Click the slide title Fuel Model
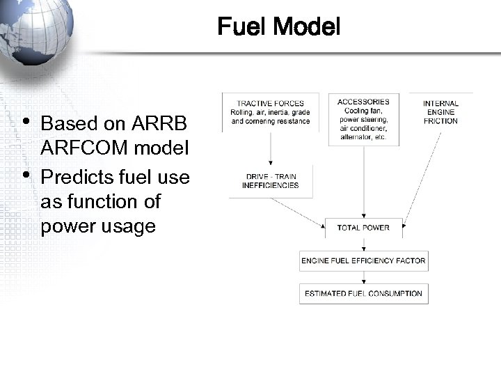click(278, 27)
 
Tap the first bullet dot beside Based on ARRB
click(26, 121)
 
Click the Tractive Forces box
click(270, 112)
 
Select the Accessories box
click(363, 120)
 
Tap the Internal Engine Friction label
click(440, 112)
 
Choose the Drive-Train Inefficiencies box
click(270, 181)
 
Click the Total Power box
click(363, 227)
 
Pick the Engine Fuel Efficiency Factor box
click(363, 261)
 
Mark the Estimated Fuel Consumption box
click(363, 293)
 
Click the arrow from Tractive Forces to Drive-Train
click(270, 148)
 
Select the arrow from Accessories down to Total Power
click(363, 181)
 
